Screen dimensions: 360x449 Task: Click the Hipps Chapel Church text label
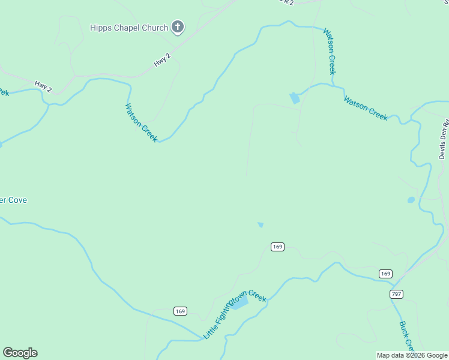point(129,28)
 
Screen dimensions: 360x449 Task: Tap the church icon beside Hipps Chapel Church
point(178,27)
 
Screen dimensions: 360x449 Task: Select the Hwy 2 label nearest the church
point(162,61)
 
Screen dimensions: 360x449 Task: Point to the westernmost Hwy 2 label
point(43,86)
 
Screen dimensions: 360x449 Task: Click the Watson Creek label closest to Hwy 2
point(141,122)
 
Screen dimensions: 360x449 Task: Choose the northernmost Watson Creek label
point(330,52)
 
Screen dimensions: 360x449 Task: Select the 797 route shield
point(396,294)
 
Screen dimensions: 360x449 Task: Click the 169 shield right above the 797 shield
point(385,274)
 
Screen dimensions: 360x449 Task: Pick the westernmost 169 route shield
point(181,311)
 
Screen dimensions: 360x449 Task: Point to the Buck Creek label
point(407,336)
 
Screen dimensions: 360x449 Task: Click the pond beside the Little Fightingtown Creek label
point(239,304)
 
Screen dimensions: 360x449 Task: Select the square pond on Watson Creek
point(294,98)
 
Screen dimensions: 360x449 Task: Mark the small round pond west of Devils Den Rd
point(411,200)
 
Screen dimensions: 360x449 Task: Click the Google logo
point(20,353)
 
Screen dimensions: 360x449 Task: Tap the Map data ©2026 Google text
point(412,355)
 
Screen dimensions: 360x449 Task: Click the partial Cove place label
point(13,200)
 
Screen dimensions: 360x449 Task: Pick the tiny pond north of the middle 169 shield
point(261,225)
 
